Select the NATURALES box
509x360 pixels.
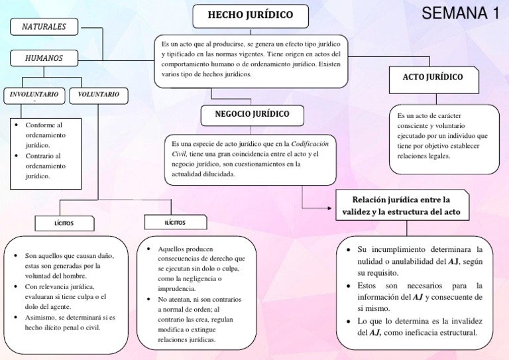click(44, 27)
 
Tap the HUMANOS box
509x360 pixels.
click(44, 58)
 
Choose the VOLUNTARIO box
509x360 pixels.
click(98, 95)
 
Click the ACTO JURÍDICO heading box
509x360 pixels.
click(432, 77)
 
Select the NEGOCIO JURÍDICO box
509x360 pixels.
click(252, 115)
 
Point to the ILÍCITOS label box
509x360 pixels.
click(175, 223)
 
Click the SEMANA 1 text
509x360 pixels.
click(459, 13)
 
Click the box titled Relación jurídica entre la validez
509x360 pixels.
click(402, 206)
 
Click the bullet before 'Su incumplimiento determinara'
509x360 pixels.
click(349, 249)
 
